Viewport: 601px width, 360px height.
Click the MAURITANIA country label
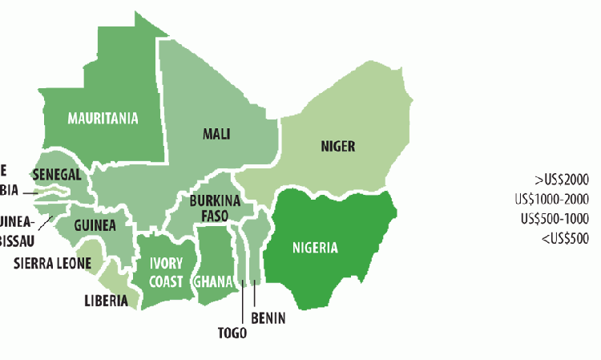click(103, 119)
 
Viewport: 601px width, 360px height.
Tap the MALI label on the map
click(216, 134)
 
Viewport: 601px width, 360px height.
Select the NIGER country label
click(337, 146)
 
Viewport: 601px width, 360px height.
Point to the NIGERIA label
click(314, 247)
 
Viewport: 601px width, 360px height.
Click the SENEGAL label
click(57, 174)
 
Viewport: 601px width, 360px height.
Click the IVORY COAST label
click(166, 273)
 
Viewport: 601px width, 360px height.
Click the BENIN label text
click(268, 318)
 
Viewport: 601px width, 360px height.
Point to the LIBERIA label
click(106, 301)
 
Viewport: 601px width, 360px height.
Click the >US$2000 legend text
click(561, 180)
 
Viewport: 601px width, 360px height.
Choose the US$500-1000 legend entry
click(555, 218)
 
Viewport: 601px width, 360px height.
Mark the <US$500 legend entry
click(564, 237)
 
